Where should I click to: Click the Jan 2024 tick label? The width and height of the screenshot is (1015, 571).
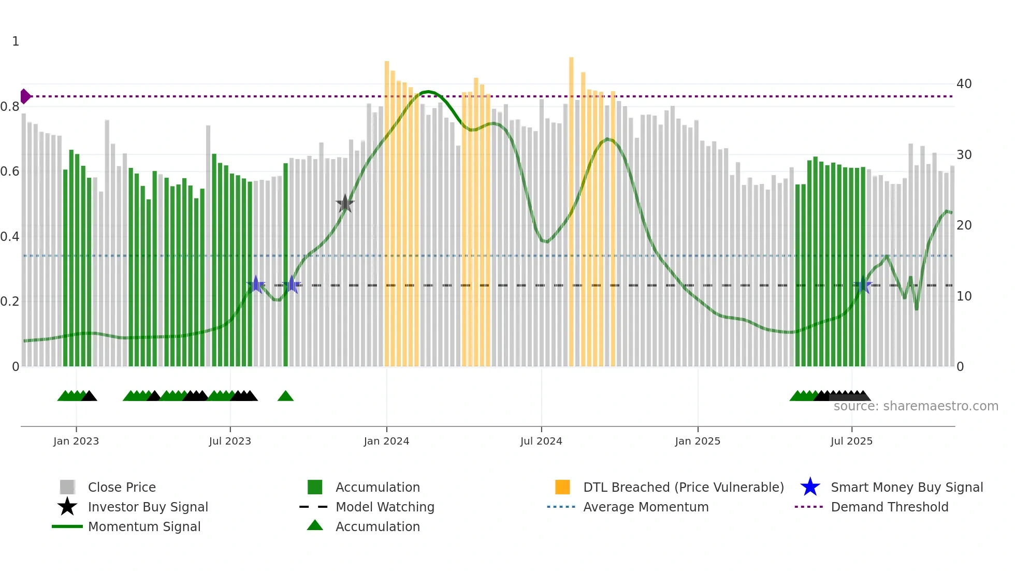click(x=386, y=441)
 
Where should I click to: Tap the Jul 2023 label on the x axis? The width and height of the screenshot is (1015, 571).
click(x=230, y=441)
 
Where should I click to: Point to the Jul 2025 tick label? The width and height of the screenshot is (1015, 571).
click(x=851, y=441)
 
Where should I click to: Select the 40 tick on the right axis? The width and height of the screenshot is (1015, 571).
click(x=964, y=84)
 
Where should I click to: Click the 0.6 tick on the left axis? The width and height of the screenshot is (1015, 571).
click(x=10, y=172)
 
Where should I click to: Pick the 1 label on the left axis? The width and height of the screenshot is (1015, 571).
click(x=16, y=41)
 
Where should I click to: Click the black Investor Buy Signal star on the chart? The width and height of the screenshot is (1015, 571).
click(x=345, y=204)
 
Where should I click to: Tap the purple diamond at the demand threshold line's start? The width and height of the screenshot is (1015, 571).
click(x=25, y=96)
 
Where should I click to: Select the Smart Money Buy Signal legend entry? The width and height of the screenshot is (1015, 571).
click(x=906, y=487)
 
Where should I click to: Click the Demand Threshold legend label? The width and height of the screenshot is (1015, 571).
click(x=889, y=507)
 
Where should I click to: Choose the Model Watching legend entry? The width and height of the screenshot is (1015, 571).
click(x=384, y=507)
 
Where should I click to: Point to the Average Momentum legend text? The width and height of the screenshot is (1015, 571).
click(x=646, y=507)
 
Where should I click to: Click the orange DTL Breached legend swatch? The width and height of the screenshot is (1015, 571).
click(x=562, y=487)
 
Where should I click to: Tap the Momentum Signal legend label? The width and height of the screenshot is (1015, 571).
click(x=144, y=526)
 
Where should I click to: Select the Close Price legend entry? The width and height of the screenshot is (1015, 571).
click(x=122, y=487)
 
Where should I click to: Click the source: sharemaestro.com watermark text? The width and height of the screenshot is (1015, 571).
click(x=916, y=406)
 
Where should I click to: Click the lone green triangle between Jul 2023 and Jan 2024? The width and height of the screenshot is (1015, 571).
click(x=285, y=396)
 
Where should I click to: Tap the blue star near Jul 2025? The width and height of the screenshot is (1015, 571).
click(x=863, y=285)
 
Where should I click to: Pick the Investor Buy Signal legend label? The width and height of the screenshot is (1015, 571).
click(x=148, y=507)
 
